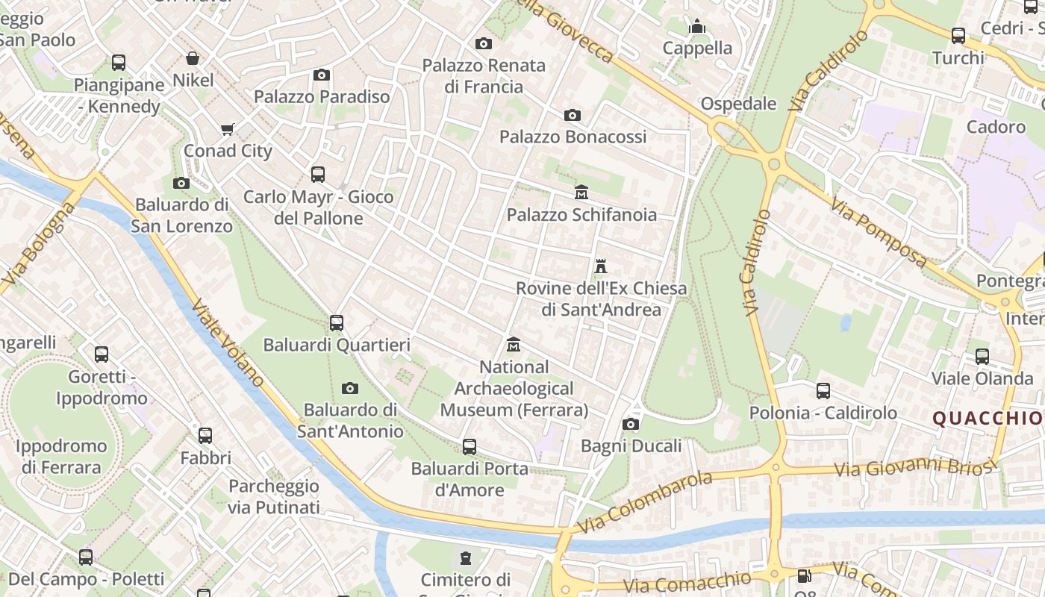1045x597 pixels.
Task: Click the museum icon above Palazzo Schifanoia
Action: tap(581, 193)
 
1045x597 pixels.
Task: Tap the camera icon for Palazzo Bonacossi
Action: tap(573, 115)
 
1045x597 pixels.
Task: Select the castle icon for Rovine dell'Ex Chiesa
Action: tap(600, 266)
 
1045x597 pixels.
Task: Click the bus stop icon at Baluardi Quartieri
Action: tap(337, 323)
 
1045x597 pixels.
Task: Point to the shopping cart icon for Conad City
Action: tap(228, 129)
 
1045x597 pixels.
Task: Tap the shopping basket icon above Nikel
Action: tap(193, 58)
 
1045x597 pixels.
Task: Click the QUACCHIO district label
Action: tap(988, 419)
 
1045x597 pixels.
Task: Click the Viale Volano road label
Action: tap(228, 343)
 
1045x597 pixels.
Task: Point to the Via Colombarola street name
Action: tap(645, 501)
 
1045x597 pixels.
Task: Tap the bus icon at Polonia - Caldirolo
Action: tap(823, 390)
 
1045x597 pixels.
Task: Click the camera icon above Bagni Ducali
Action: tap(631, 425)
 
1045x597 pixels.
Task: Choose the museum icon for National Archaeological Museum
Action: tap(514, 345)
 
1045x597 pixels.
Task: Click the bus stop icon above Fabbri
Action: tap(205, 436)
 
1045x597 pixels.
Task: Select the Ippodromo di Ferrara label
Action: tap(60, 457)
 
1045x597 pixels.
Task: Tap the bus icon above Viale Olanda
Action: tap(982, 357)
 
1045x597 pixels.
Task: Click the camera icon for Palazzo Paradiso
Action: tap(322, 75)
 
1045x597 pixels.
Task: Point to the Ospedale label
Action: tap(738, 104)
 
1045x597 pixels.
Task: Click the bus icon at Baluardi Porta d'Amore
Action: tap(470, 447)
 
